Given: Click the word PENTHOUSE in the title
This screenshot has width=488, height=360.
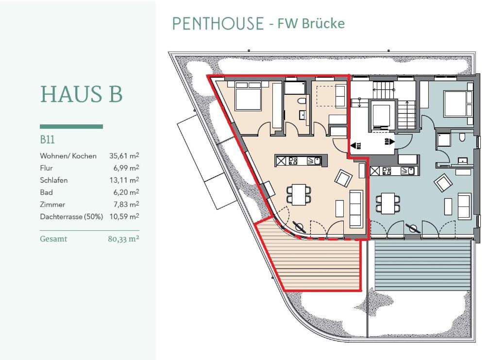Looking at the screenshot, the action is pos(218,24).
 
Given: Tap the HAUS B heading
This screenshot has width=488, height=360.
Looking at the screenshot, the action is pos(82,94).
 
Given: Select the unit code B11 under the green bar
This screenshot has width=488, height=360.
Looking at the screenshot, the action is pos(47,139).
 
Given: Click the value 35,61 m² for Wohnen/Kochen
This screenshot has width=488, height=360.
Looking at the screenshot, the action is pos(124,156).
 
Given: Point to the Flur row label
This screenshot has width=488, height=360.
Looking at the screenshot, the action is pos(47,168).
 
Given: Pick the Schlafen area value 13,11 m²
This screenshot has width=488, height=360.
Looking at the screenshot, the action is pos(124,180).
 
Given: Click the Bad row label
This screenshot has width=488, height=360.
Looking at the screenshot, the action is pos(47,192).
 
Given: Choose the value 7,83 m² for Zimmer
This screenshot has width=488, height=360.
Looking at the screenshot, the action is pos(126,204).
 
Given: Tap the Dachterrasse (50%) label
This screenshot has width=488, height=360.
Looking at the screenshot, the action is pos(71,216).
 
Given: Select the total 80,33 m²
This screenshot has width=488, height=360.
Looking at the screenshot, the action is pos(123,239).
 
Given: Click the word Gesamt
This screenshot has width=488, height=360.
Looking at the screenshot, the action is pos(53,239).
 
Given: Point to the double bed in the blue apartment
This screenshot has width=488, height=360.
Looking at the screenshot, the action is pos(455,103).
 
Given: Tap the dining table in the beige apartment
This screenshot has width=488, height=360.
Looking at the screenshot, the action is pos(299,194).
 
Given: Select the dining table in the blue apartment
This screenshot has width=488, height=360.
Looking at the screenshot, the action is pos(388,203).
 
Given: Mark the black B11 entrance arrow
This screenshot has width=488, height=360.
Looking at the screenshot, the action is pos(353,145).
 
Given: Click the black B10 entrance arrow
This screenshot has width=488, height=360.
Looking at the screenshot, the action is pos(391,142).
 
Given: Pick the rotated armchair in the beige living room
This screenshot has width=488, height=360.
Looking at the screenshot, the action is pos(343,178).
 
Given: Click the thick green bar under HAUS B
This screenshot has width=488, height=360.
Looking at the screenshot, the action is pos(71,126).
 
